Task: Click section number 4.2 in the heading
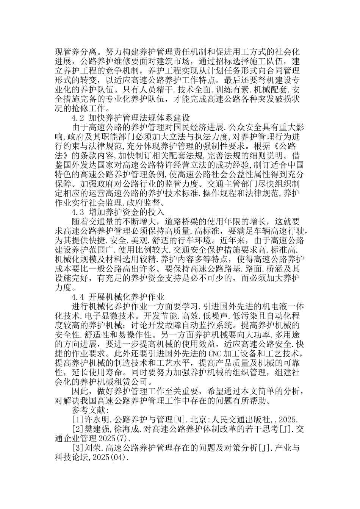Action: click(x=78, y=118)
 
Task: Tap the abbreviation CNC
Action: click(x=215, y=354)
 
